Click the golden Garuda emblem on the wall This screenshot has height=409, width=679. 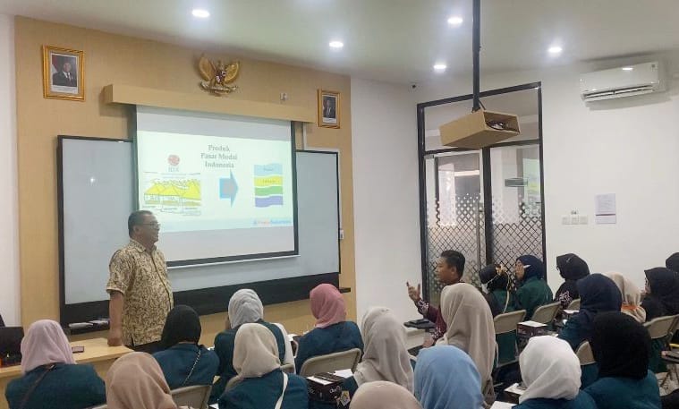click(x=218, y=75)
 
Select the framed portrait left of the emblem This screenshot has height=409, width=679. click(x=63, y=72)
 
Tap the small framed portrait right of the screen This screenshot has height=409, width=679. click(x=328, y=108)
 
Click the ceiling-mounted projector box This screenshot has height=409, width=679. click(x=479, y=128)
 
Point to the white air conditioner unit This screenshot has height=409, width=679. click(x=622, y=81)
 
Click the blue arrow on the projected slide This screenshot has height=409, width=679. click(x=229, y=189)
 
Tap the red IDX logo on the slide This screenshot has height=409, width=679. click(x=174, y=161)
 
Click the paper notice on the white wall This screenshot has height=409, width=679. click(x=606, y=208)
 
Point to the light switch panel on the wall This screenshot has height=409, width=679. click(x=573, y=219)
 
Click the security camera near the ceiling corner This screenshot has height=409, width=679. click(x=412, y=85)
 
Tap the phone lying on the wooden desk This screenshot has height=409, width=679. click(x=78, y=348)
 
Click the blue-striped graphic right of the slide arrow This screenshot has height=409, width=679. click(x=268, y=185)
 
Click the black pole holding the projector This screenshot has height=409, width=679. click(x=476, y=54)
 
